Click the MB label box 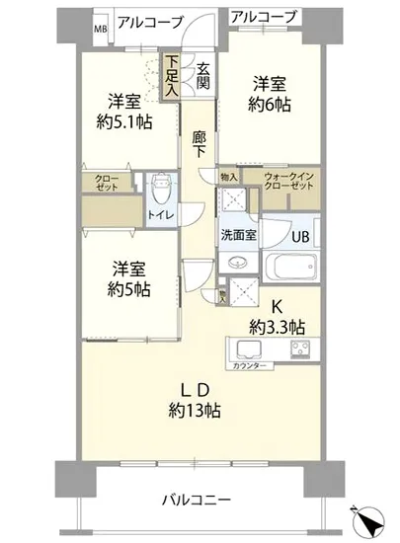point(100,29)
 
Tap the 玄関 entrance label point(202,76)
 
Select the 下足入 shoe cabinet point(173,75)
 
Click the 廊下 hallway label point(200,143)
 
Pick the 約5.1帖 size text point(124,122)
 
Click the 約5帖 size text point(130,289)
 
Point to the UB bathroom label point(300,236)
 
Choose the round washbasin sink point(237,265)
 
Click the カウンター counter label point(250,365)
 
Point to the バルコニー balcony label point(197,499)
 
